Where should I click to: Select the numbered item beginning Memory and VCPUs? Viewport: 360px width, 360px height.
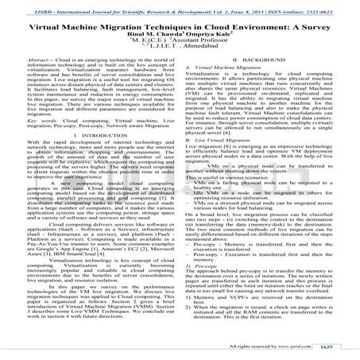tap(262, 319)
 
